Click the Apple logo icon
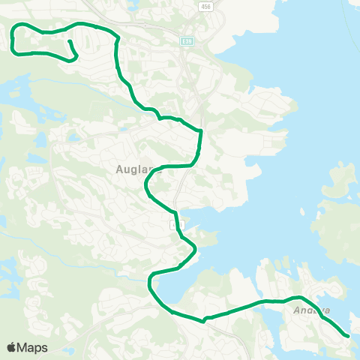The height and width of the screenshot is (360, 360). click(x=12, y=347)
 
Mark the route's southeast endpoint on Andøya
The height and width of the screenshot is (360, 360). click(x=349, y=336)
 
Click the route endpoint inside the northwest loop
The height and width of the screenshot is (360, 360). click(x=68, y=42)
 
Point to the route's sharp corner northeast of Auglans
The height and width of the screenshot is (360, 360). click(x=201, y=133)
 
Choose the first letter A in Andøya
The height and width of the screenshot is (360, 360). click(x=297, y=309)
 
